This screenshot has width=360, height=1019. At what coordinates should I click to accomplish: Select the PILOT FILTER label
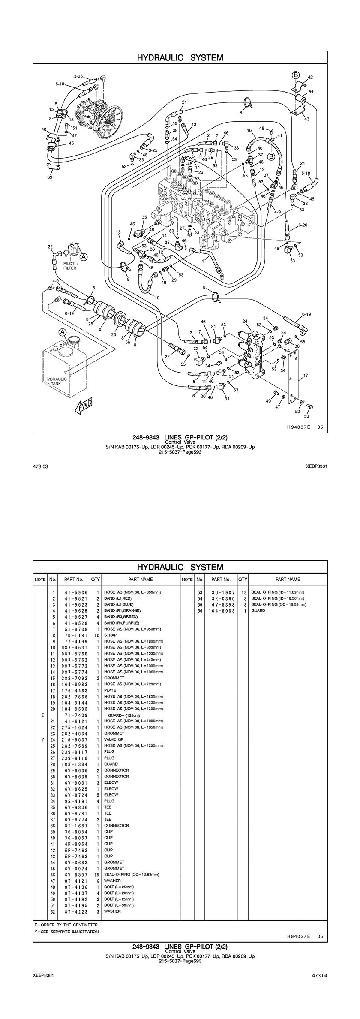(70, 266)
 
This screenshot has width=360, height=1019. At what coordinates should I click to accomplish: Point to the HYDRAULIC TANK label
(56, 381)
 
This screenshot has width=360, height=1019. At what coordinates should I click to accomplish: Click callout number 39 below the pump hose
(50, 177)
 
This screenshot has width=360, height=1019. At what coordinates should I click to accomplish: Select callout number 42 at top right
(310, 78)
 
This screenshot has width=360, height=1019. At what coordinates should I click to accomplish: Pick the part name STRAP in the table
(110, 635)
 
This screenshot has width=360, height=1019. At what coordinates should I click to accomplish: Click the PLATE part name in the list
(110, 691)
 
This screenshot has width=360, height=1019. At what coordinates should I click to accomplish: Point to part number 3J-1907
(222, 592)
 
